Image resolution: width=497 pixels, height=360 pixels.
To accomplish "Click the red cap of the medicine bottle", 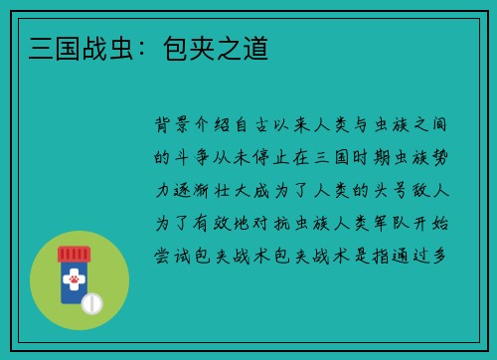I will point(74,254).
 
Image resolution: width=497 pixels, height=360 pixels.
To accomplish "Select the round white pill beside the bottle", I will point(91,302).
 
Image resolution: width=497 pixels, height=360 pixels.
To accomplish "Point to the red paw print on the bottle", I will point(74,281).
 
